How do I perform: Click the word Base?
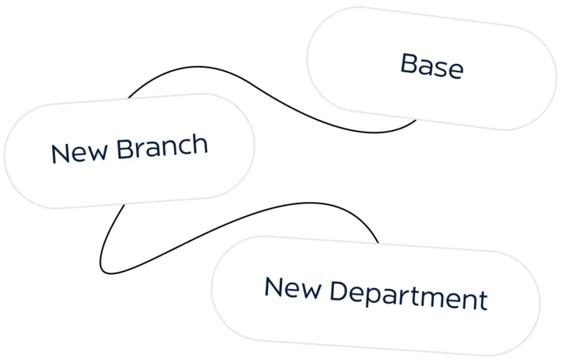[x=432, y=65]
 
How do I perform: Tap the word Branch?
[x=162, y=146]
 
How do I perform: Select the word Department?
[x=408, y=296]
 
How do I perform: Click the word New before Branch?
[x=79, y=152]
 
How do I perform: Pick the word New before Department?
[x=292, y=287]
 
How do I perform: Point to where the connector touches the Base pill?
[x=416, y=120]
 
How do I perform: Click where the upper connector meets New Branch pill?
[x=129, y=98]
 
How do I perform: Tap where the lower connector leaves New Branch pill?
[x=124, y=205]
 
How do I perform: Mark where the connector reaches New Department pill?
[x=378, y=243]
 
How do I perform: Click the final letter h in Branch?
[x=200, y=144]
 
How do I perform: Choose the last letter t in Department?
[x=483, y=301]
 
